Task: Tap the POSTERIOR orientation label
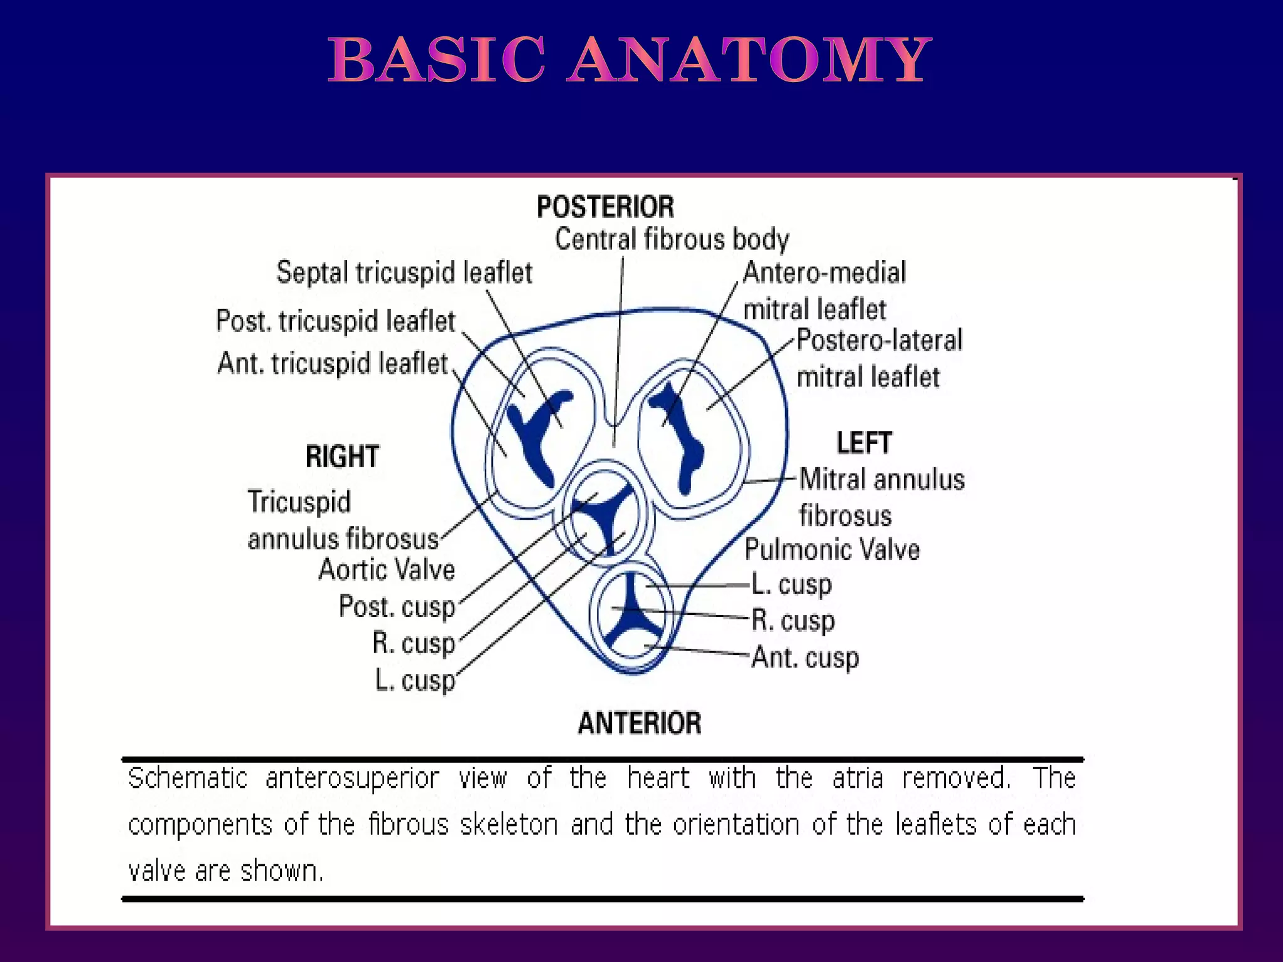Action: point(605,207)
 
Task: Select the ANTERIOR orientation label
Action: point(639,723)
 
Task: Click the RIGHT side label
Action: point(342,457)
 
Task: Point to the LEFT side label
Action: point(864,443)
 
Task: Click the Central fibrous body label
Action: point(672,239)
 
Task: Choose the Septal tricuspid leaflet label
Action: point(404,272)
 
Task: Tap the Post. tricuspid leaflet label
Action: point(335,321)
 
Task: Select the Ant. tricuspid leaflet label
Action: point(333,363)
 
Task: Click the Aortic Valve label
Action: point(387,570)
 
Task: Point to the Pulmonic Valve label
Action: point(832,550)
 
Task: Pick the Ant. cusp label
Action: point(806,658)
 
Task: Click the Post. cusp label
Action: point(397,607)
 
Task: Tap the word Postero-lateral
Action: point(879,341)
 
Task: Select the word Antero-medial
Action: point(824,272)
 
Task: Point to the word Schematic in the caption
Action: point(187,778)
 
